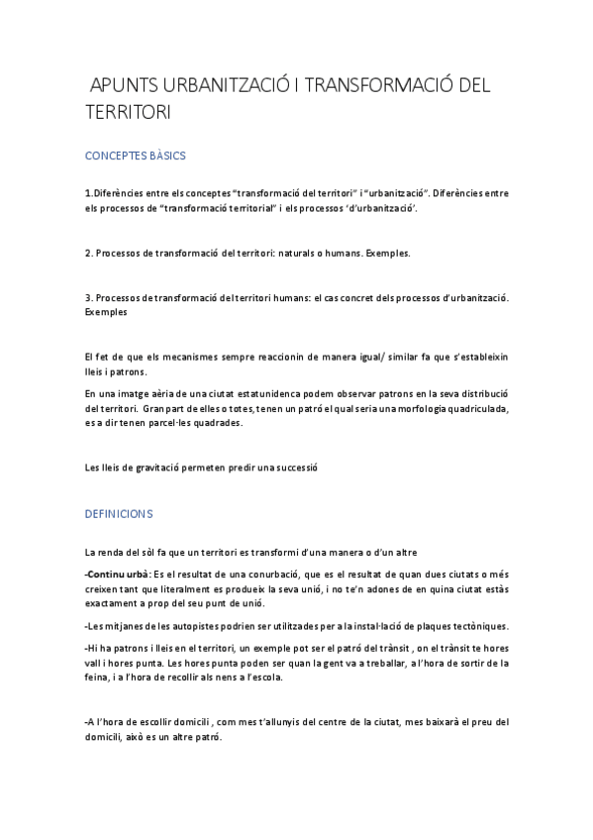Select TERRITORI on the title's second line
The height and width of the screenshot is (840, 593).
[129, 113]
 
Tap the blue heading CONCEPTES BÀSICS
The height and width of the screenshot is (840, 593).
[136, 157]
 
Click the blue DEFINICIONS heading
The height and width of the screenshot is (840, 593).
[119, 515]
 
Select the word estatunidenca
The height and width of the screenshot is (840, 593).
[265, 393]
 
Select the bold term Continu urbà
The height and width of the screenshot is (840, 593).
[119, 576]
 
